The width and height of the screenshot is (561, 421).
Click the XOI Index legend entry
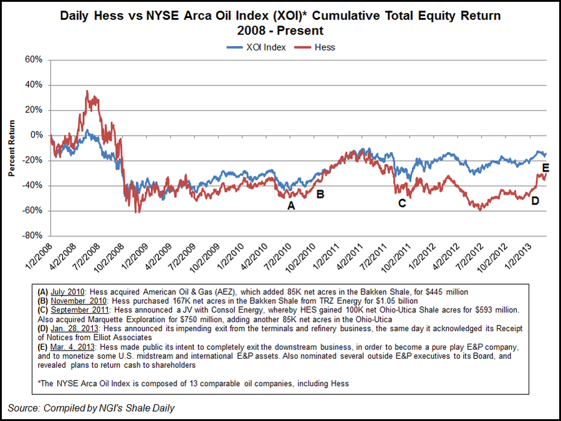click(256, 47)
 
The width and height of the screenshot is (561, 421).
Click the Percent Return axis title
click(12, 148)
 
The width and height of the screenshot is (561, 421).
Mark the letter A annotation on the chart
click(290, 205)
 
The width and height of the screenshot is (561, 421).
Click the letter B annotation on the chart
click(320, 194)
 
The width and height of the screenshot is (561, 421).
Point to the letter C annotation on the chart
click(402, 203)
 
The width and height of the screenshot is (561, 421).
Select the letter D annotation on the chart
click(535, 200)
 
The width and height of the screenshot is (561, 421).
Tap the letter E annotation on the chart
click(545, 167)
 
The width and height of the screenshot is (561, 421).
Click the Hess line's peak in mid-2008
click(87, 91)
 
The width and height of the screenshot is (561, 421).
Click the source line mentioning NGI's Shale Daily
click(92, 408)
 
